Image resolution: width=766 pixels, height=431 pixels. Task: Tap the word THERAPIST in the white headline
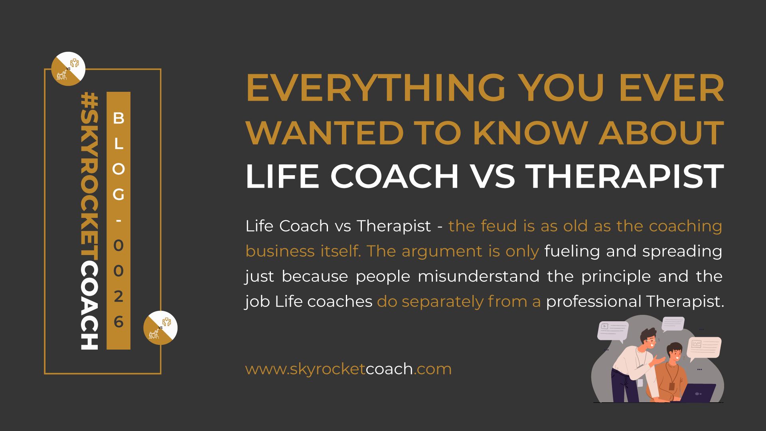tap(624, 176)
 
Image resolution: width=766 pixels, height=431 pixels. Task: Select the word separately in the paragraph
tap(442, 302)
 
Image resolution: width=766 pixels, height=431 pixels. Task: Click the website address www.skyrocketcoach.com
tap(348, 369)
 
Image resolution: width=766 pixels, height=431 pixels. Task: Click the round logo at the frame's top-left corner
tap(68, 69)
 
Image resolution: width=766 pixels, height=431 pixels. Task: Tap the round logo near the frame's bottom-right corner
tap(160, 328)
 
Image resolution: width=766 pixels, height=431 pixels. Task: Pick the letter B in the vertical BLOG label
tap(118, 118)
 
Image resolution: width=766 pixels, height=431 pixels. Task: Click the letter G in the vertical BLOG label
tap(118, 194)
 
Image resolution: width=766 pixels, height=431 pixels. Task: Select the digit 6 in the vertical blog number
tap(118, 322)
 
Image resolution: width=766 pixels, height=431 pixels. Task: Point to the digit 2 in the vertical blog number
tap(118, 296)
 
